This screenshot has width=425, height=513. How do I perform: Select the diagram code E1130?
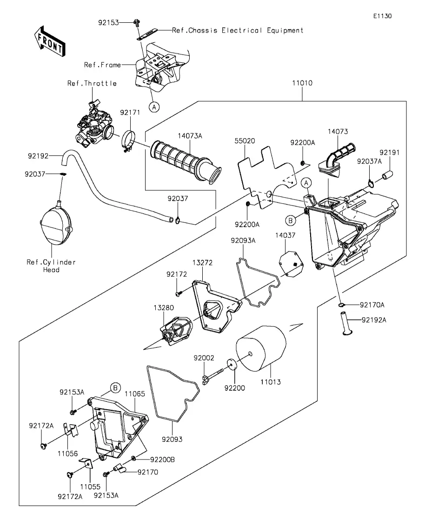[382, 16]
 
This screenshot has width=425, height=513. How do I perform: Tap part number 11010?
[302, 84]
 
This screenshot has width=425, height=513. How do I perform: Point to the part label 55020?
[244, 140]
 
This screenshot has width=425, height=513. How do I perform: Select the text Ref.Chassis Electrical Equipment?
[237, 30]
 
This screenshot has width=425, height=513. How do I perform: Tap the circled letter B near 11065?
[115, 387]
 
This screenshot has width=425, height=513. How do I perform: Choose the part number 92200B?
[162, 460]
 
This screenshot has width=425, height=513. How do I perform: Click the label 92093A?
[242, 240]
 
